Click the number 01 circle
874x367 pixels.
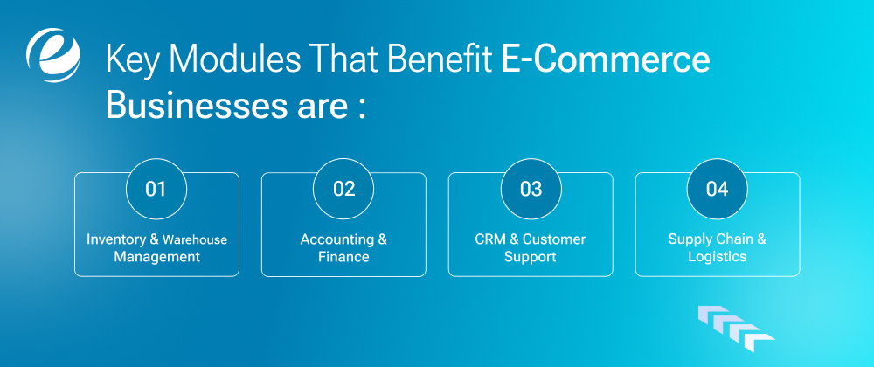[156, 189]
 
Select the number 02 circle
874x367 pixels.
[343, 189]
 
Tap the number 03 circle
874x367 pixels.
[531, 189]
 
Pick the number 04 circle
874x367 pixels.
[717, 189]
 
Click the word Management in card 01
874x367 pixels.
[156, 257]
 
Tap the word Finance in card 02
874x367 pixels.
[343, 257]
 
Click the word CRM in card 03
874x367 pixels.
[490, 239]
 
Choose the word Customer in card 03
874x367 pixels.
[554, 239]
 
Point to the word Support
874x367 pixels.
[531, 257]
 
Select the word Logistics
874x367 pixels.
[717, 257]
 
